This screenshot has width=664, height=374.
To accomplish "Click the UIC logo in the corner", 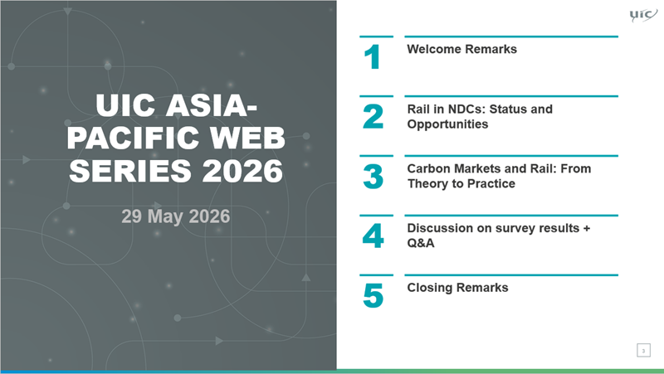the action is coord(643,15).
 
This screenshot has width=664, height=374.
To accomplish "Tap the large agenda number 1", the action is coord(372,57).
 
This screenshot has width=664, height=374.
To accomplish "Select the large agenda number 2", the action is coord(373,117).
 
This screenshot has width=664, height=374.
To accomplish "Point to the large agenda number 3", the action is coord(373,177).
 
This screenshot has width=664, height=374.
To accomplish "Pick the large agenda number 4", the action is coord(373,236).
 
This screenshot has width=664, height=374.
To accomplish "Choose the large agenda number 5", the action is coord(373,296).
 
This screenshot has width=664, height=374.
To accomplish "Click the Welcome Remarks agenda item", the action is coord(462,49).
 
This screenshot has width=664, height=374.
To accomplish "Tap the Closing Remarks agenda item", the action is coord(458,288).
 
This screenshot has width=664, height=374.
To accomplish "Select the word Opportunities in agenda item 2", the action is coord(447,124).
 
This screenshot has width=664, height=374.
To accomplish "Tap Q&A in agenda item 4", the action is coord(421,243).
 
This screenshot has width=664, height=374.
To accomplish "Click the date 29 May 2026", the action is coord(176,216).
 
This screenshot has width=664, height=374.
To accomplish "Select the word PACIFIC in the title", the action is coord(134,138).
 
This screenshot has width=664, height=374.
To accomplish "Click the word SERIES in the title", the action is coord(130,171).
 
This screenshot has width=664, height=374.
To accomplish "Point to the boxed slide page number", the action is coord(644,350).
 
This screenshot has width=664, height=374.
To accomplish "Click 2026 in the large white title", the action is coord(242,171).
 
